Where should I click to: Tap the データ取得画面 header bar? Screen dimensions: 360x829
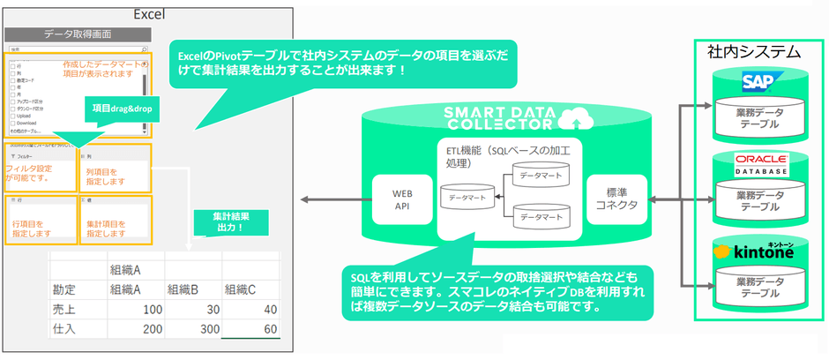78,35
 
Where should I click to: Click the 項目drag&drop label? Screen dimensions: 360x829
120,108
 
